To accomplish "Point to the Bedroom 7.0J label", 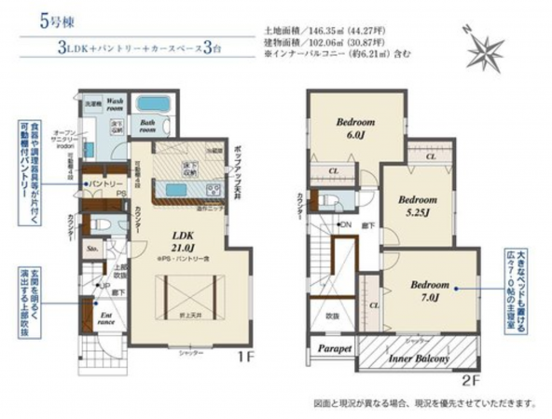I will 431,289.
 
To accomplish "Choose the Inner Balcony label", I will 417,358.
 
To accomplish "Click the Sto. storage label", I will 91,250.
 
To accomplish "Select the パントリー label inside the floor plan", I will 105,184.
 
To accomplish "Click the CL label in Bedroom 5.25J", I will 430,158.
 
